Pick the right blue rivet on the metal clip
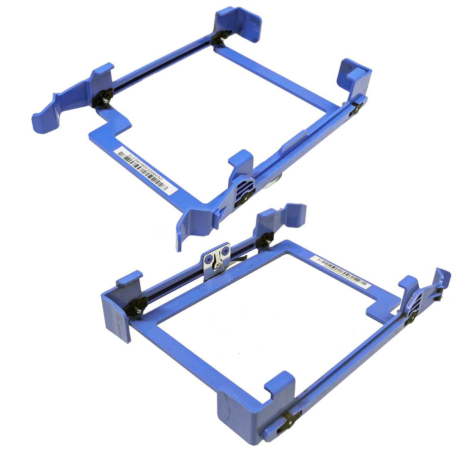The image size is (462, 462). point(224,251)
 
